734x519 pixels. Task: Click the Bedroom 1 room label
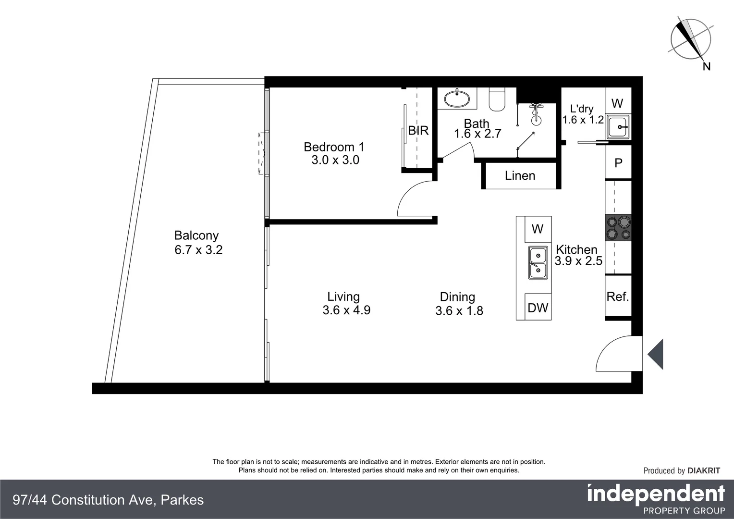[x=334, y=147]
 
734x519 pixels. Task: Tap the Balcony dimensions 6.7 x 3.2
[x=198, y=250]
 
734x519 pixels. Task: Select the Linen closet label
[x=520, y=176]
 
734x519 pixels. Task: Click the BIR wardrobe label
[x=418, y=131]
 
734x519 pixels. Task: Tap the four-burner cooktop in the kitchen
[x=618, y=228]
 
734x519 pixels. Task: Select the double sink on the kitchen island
[x=538, y=263]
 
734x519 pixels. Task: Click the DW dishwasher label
[x=538, y=308]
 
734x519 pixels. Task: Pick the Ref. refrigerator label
[x=618, y=297]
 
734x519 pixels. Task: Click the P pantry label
[x=618, y=163]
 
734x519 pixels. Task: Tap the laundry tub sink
[x=618, y=127]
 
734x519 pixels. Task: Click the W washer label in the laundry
[x=617, y=103]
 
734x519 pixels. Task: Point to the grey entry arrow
[x=656, y=354]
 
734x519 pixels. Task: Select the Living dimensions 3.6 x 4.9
[x=346, y=310]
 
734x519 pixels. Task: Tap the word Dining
[x=457, y=297]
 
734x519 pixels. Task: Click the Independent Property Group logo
[x=656, y=499]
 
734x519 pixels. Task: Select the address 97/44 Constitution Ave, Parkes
[x=109, y=500]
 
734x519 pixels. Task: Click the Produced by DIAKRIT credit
[x=682, y=471]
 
